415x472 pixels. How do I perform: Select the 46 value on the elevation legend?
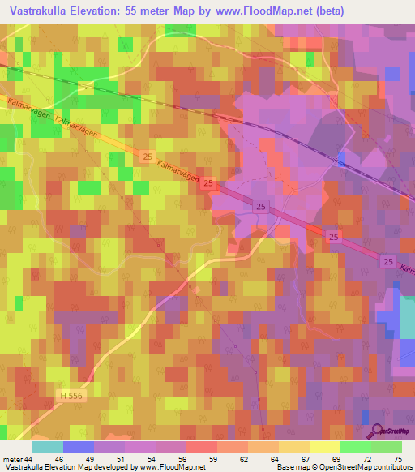coord(63,459)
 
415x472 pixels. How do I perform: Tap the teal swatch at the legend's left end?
coord(48,447)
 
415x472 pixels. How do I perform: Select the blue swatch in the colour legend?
coord(79,447)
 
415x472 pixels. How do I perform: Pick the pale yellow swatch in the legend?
coord(325,447)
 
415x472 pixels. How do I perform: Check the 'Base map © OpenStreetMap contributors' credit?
coord(342,467)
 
